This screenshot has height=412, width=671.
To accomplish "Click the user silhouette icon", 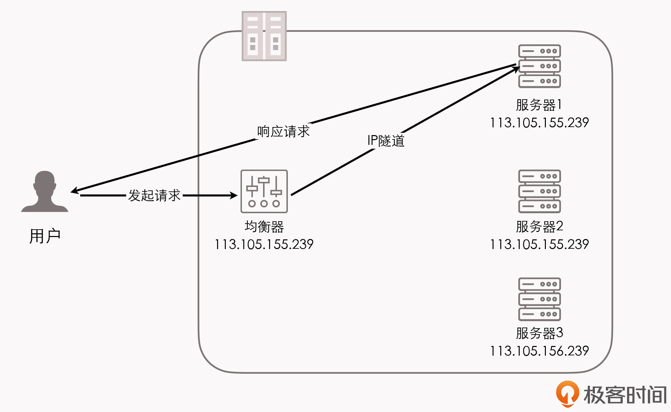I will pyautogui.click(x=45, y=192).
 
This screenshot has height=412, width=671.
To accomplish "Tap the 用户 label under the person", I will pyautogui.click(x=45, y=236).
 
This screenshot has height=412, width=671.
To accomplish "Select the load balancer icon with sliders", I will pyautogui.click(x=264, y=191).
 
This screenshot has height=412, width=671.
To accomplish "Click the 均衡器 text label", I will pyautogui.click(x=264, y=227).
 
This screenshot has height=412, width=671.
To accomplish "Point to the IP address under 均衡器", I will pyautogui.click(x=264, y=244).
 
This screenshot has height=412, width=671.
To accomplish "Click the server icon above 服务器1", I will pyautogui.click(x=539, y=66).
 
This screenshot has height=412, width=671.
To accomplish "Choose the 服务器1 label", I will pyautogui.click(x=539, y=105).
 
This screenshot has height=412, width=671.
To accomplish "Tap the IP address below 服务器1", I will pyautogui.click(x=539, y=123).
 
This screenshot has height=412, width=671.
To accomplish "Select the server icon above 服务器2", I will pyautogui.click(x=539, y=191).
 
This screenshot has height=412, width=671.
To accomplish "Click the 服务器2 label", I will pyautogui.click(x=539, y=227).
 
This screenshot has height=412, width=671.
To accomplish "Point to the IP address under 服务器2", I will pyautogui.click(x=539, y=244).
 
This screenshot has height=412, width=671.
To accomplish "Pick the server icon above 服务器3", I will pyautogui.click(x=539, y=299).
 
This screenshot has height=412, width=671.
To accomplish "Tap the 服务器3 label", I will pyautogui.click(x=539, y=333).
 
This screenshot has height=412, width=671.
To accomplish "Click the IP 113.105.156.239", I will pyautogui.click(x=539, y=351).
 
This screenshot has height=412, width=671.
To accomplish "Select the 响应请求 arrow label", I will pyautogui.click(x=283, y=131).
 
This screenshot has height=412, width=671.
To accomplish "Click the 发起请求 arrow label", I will pyautogui.click(x=154, y=195).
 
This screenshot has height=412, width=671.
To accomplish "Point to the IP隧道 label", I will pyautogui.click(x=386, y=141).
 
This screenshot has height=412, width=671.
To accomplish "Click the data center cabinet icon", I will pyautogui.click(x=264, y=36).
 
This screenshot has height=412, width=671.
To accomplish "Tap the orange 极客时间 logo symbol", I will pyautogui.click(x=567, y=394).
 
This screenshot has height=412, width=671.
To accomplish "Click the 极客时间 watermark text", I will pyautogui.click(x=625, y=395).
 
